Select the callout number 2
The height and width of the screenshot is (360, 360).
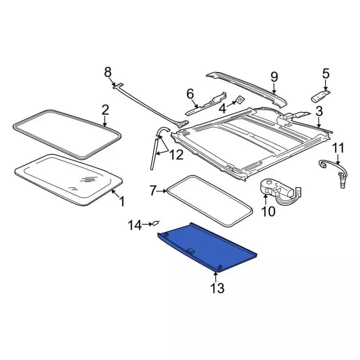[105, 109]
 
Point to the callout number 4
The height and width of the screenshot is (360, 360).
[223, 107]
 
